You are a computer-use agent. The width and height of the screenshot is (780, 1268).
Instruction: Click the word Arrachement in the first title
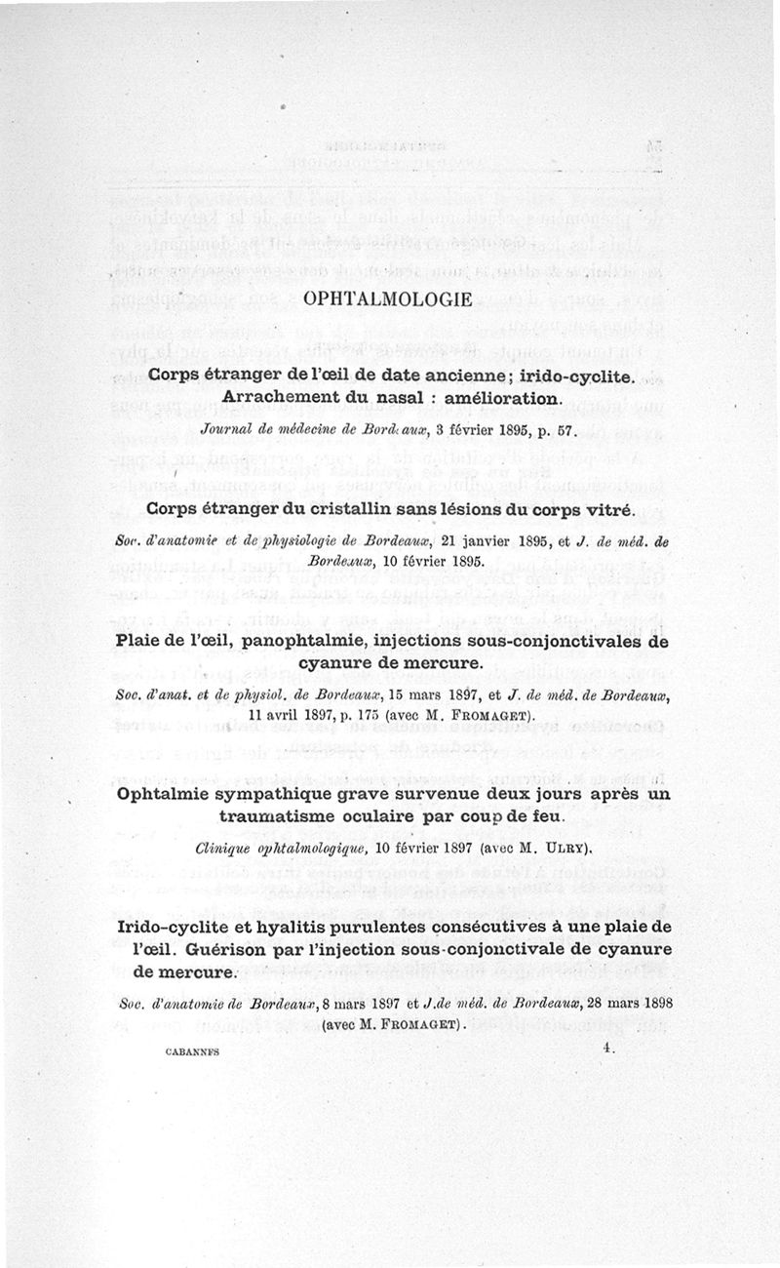tap(283, 398)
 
